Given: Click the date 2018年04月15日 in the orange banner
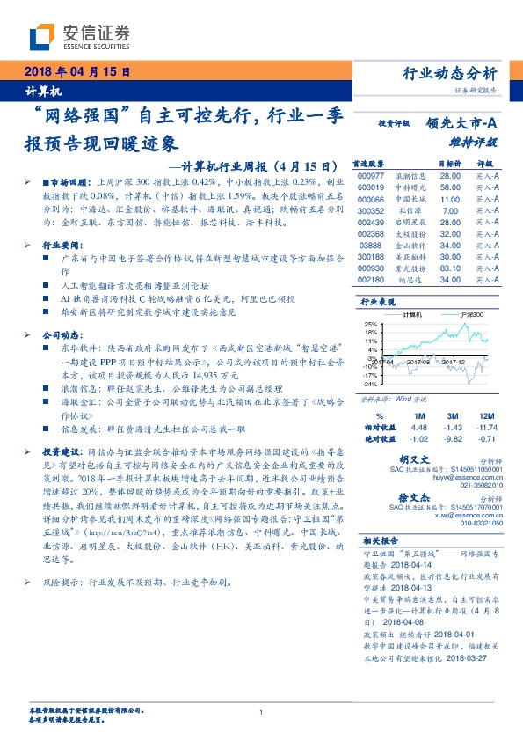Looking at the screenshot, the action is coord(72,72).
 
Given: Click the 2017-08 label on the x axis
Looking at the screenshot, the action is coord(424,361).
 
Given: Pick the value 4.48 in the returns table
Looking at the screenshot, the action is coord(418,427).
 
